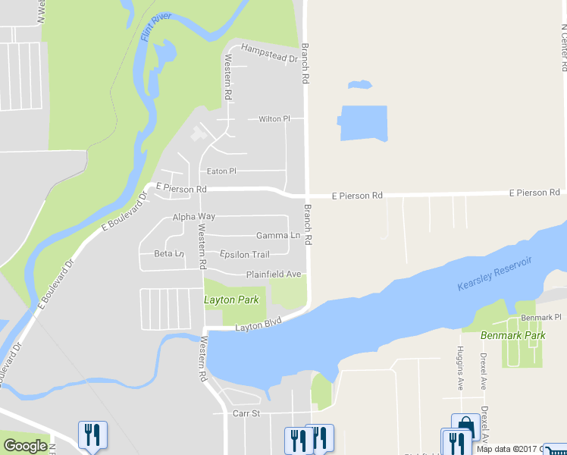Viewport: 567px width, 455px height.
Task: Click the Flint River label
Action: [x=156, y=28]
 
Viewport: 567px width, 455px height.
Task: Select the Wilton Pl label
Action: [x=274, y=119]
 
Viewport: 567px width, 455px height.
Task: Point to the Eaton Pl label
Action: [x=221, y=171]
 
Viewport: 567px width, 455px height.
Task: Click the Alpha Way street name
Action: [x=194, y=217]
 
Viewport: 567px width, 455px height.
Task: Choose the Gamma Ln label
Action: [x=278, y=236]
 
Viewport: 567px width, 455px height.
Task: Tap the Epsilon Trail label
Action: [x=244, y=255]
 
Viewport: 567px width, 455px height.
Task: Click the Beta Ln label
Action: [x=169, y=253]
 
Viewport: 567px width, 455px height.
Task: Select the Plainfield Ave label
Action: [x=274, y=274]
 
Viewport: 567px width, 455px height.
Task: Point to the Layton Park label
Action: [x=231, y=300]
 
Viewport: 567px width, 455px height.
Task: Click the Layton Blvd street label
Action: [x=258, y=325]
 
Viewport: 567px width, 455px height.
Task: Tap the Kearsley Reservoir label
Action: [x=494, y=274]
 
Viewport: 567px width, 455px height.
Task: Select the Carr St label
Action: [x=246, y=413]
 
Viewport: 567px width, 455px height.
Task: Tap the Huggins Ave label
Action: [x=460, y=368]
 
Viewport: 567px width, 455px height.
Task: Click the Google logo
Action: [x=25, y=446]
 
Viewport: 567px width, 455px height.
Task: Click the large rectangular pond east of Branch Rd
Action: [x=363, y=123]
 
